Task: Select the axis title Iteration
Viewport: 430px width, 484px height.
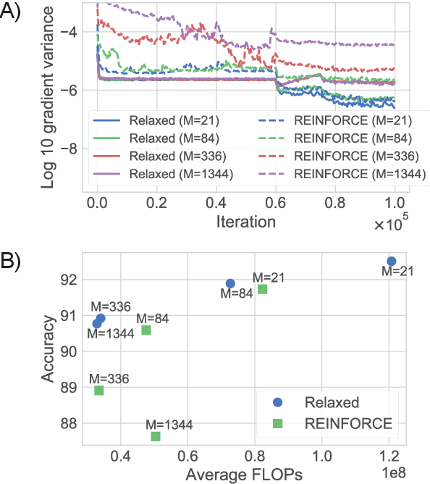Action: pyautogui.click(x=245, y=222)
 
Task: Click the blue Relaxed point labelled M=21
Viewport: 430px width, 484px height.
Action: pyautogui.click(x=391, y=261)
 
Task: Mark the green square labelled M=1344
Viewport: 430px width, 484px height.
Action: pyautogui.click(x=156, y=436)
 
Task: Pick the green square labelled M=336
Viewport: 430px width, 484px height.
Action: pyautogui.click(x=99, y=391)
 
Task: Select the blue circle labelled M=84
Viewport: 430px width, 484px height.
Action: pyautogui.click(x=230, y=283)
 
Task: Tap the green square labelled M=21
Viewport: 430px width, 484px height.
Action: pyautogui.click(x=262, y=289)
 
